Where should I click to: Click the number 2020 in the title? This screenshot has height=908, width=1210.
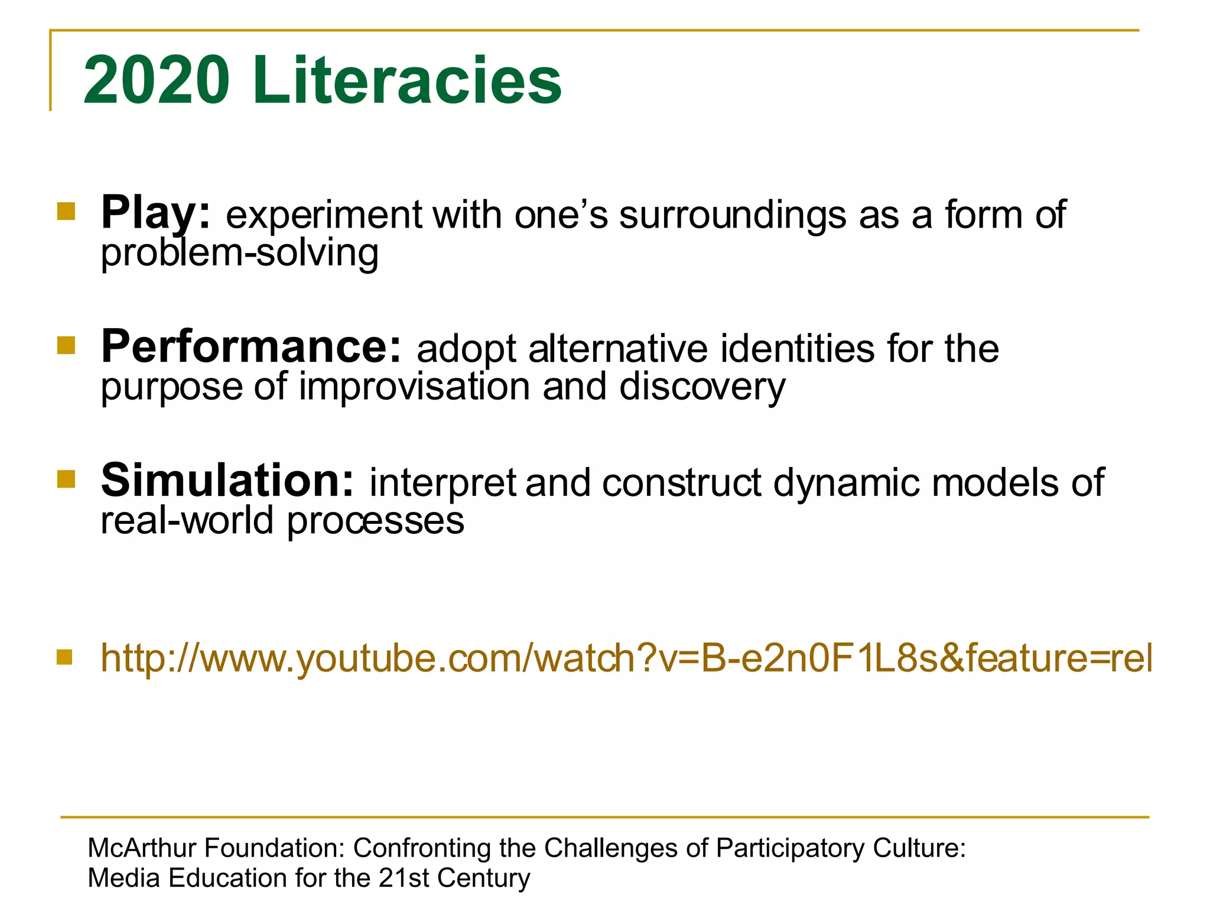coord(157,80)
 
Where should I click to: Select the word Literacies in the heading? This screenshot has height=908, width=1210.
coord(408,80)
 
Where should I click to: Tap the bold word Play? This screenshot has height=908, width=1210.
coord(155,213)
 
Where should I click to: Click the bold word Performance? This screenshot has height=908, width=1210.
coord(252,347)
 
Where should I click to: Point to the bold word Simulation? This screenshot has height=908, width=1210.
coord(227,481)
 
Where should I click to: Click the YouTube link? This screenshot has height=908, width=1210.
coord(626,658)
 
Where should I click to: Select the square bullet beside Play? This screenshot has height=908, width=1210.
coord(66,212)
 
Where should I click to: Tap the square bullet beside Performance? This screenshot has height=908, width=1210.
coord(66,345)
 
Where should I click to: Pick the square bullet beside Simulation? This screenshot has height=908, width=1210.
coord(66,479)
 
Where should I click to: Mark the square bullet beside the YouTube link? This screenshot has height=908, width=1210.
coord(64,657)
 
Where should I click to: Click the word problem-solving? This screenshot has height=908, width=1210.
coord(240,253)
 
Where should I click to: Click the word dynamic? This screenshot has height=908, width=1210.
coord(846,484)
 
